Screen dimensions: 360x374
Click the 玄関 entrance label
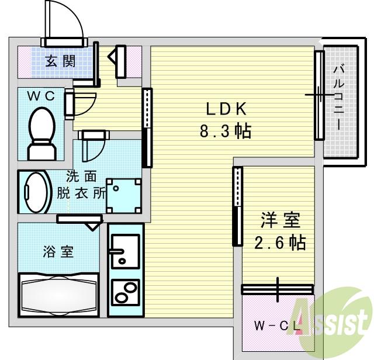click(60, 61)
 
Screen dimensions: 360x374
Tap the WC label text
click(41, 96)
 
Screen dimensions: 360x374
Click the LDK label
click(227, 109)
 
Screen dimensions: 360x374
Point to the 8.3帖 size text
click(226, 131)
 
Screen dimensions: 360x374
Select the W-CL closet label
click(275, 326)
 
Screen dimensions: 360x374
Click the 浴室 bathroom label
click(58, 252)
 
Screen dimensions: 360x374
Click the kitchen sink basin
click(124, 251)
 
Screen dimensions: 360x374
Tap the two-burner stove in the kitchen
click(126, 290)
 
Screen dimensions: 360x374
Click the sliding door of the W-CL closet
click(278, 289)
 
